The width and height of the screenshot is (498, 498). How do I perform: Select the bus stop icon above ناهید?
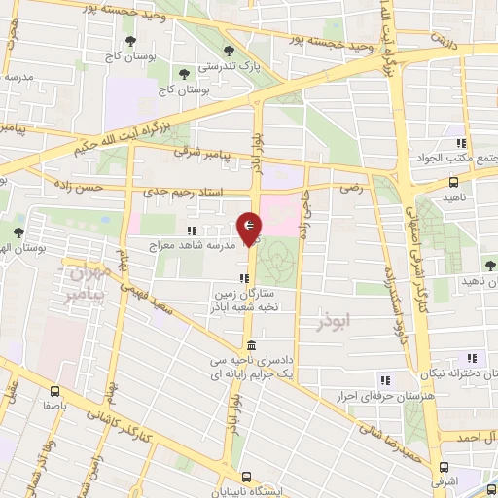coord(453,182)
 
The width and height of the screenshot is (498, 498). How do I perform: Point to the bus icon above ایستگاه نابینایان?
coord(247,478)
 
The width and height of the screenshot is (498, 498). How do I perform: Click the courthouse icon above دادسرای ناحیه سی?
coord(251,346)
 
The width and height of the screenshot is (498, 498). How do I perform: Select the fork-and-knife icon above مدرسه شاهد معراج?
coord(192,231)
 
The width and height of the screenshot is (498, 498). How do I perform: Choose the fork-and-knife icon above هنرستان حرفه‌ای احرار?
coord(385,380)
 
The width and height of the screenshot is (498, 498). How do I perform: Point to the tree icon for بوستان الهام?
coord(18,231)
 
